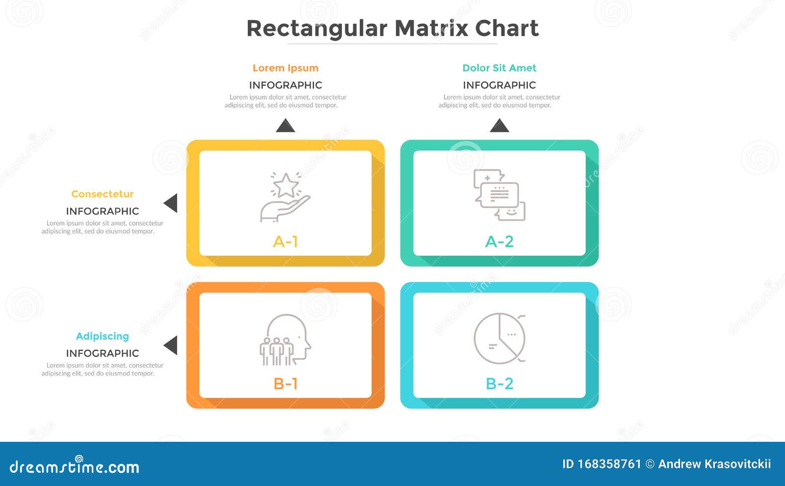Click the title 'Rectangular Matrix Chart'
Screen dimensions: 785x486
pyautogui.click(x=392, y=29)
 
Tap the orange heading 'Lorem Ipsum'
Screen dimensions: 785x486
pyautogui.click(x=286, y=68)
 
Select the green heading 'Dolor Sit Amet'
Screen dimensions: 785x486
pyautogui.click(x=499, y=68)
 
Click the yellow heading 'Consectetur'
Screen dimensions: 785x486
pyautogui.click(x=103, y=194)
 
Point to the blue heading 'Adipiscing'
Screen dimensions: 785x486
pyautogui.click(x=103, y=336)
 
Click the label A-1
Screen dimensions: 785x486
pyautogui.click(x=285, y=242)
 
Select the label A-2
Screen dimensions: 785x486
pyautogui.click(x=499, y=242)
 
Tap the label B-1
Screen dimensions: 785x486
pyautogui.click(x=285, y=383)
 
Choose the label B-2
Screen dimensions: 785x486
pyautogui.click(x=499, y=383)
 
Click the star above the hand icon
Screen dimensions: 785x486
pyautogui.click(x=286, y=185)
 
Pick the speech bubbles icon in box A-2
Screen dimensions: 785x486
pyautogui.click(x=499, y=195)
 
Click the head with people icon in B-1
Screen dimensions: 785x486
pyautogui.click(x=285, y=339)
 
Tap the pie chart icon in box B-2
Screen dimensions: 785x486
pyautogui.click(x=499, y=338)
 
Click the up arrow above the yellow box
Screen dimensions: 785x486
pyautogui.click(x=286, y=126)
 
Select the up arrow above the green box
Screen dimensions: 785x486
pyautogui.click(x=499, y=126)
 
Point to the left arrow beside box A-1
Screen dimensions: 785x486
pyautogui.click(x=171, y=203)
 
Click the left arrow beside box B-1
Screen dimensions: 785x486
pyautogui.click(x=171, y=346)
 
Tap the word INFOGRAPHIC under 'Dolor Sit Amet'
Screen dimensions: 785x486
pyautogui.click(x=499, y=85)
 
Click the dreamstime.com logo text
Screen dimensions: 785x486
pyautogui.click(x=74, y=466)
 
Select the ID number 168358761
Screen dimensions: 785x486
pyautogui.click(x=609, y=464)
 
